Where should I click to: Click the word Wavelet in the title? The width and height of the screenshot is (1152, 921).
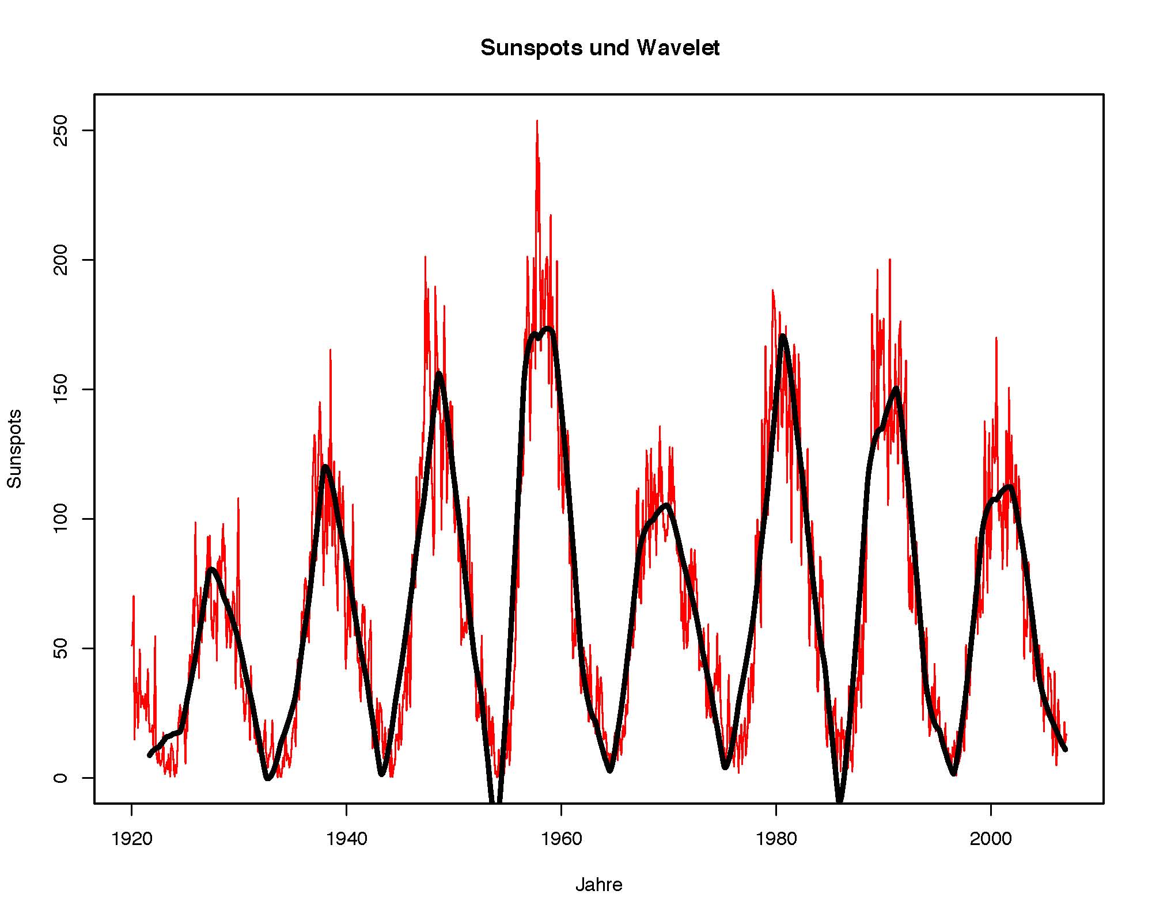[678, 48]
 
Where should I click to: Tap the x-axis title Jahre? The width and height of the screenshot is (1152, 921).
[599, 885]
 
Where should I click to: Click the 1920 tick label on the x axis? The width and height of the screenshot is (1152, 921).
[132, 839]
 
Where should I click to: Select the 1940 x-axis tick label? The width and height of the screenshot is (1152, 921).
[346, 839]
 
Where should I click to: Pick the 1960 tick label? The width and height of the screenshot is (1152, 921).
[561, 839]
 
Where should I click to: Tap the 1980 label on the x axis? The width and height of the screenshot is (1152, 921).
[776, 839]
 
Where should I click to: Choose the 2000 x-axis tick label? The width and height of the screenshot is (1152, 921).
[991, 839]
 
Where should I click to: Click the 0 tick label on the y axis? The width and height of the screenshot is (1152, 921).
[60, 778]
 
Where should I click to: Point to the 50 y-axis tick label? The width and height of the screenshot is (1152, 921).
[60, 649]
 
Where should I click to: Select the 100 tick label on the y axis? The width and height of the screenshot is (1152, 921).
[60, 519]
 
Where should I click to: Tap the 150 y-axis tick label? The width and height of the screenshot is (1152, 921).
[60, 390]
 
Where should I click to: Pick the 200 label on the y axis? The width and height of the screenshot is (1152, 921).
[60, 260]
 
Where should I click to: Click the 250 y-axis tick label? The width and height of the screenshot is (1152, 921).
[60, 131]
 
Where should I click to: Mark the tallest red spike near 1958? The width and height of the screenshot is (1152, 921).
[537, 122]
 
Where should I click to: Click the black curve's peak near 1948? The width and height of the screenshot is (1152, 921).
[439, 374]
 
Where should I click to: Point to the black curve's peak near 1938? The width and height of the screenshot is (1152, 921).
[325, 467]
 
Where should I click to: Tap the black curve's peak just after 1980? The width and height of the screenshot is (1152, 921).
[782, 337]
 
